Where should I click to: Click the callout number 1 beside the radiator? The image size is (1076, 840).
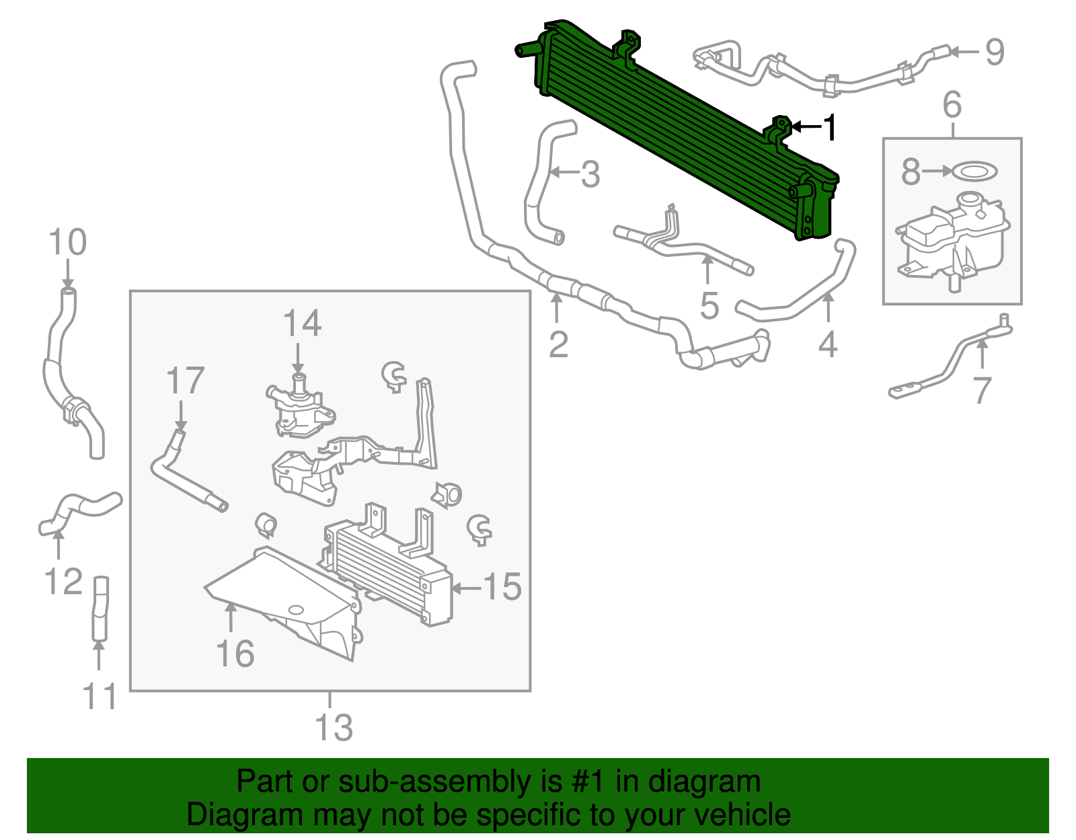click(831, 128)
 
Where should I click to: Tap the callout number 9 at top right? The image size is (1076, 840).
click(995, 52)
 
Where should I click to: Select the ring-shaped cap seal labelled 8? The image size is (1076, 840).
click(974, 171)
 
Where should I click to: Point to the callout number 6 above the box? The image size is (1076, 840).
click(952, 106)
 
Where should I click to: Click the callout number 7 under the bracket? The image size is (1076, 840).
click(982, 390)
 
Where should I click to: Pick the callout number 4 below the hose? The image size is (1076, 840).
click(828, 344)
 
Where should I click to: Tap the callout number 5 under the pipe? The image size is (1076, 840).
click(709, 305)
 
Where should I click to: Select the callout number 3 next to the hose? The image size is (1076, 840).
click(590, 175)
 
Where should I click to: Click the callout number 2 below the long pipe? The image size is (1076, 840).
click(558, 344)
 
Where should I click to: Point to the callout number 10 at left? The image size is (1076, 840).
click(68, 242)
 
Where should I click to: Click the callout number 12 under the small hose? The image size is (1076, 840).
click(63, 582)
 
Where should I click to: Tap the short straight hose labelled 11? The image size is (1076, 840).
click(100, 609)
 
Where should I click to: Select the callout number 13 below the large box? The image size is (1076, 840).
click(334, 728)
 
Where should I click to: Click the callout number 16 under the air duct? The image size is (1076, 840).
click(235, 654)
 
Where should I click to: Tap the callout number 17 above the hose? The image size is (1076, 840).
click(185, 381)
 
